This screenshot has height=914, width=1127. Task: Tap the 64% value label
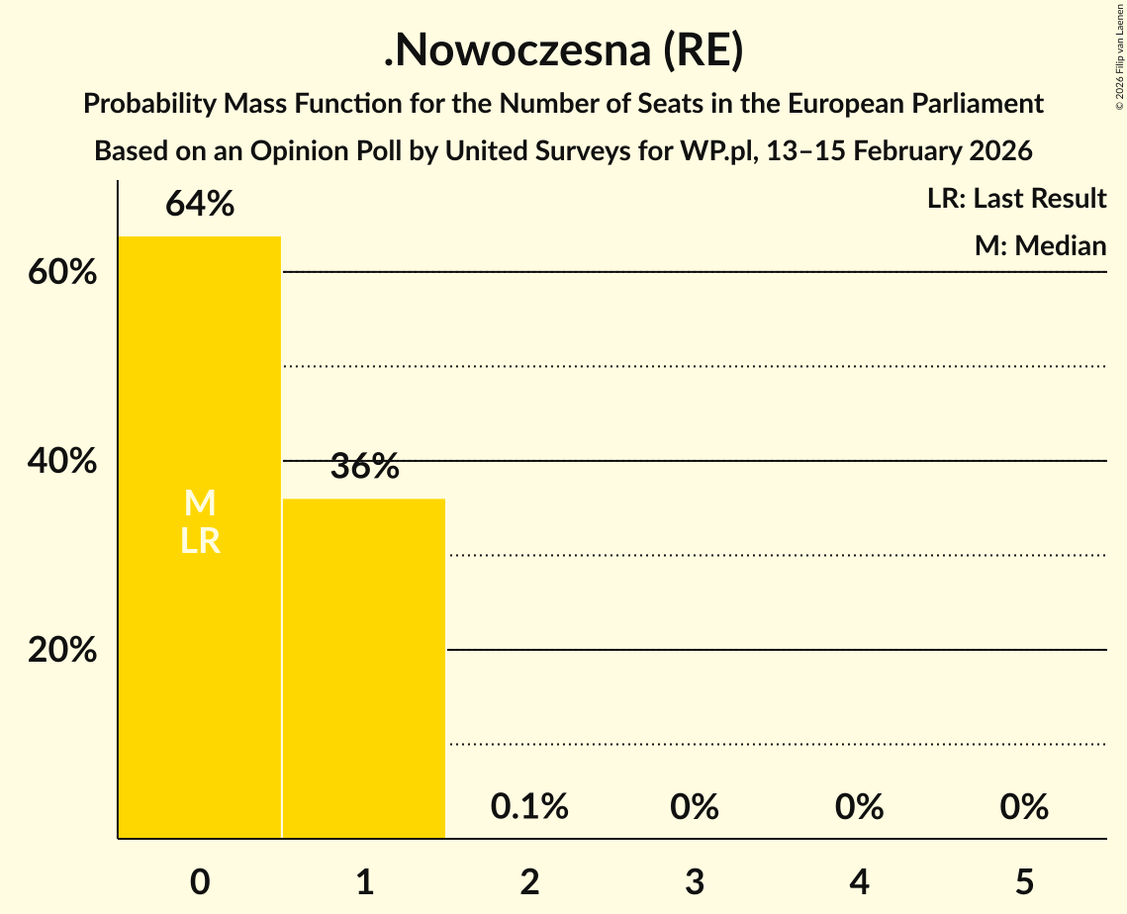[x=200, y=204]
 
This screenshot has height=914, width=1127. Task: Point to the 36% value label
[x=364, y=466]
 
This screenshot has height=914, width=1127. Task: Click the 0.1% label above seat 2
[x=529, y=807]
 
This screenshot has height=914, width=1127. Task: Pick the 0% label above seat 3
[x=695, y=807]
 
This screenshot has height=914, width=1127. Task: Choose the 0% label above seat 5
[x=1024, y=807]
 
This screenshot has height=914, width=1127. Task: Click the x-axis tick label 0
[x=200, y=881]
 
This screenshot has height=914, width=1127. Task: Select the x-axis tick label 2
[x=529, y=881]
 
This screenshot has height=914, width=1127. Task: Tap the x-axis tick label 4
[x=859, y=881]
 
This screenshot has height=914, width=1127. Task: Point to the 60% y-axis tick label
[x=62, y=273]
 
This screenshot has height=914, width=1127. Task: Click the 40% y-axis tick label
[x=62, y=462]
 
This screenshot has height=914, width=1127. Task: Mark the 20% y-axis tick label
[x=62, y=651]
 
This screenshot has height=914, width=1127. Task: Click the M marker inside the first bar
[x=200, y=503]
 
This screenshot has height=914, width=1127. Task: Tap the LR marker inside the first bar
[x=200, y=541]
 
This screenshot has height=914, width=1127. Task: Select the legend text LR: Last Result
[x=1016, y=199]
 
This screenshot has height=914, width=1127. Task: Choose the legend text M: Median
[x=1040, y=245]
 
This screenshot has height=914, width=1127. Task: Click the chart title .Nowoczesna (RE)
[x=563, y=52]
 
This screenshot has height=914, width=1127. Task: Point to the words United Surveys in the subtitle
[x=517, y=151]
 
